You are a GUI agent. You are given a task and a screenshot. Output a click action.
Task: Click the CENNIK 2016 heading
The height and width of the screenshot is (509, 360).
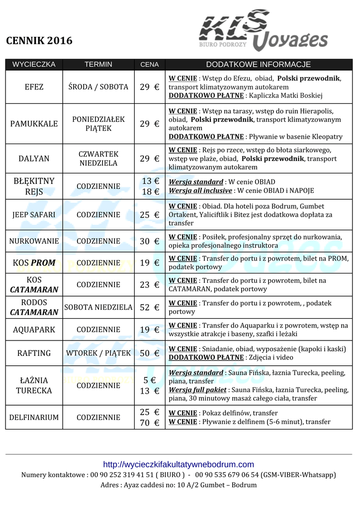click(x=39, y=41)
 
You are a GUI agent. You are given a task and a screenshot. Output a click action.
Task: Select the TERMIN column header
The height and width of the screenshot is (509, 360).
click(x=98, y=65)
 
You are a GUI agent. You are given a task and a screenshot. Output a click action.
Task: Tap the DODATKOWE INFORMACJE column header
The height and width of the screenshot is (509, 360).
click(x=258, y=65)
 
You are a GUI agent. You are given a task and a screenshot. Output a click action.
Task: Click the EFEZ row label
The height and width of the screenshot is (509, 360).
click(x=34, y=87)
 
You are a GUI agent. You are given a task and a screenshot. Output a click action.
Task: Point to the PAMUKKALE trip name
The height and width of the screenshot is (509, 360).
click(x=34, y=124)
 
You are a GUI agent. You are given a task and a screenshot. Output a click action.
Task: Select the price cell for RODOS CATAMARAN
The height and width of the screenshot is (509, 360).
click(x=149, y=308)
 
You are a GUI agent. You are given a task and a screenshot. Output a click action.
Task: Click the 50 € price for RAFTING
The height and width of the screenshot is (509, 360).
click(x=149, y=353)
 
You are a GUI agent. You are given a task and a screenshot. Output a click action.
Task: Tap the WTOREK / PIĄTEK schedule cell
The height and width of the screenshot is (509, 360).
click(x=98, y=353)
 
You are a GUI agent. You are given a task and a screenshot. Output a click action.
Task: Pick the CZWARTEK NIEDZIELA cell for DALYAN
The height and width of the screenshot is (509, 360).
click(x=98, y=159)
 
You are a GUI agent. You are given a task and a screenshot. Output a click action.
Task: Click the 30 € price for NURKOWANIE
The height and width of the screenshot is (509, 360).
click(x=149, y=242)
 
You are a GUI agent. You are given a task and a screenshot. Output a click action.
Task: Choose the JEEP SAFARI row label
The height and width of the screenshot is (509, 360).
click(x=34, y=215)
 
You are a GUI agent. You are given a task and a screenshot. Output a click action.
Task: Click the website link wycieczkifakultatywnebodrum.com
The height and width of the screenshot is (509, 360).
click(x=179, y=465)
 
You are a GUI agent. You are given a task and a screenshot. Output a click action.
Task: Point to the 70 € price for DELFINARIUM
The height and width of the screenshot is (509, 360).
click(x=149, y=423)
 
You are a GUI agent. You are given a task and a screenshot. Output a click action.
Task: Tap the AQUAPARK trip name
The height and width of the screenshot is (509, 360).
click(x=34, y=330)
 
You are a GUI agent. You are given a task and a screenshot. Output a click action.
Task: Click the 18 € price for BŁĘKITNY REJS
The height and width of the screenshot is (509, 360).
click(x=150, y=191)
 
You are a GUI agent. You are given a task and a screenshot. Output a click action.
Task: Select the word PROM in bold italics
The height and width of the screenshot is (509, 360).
click(x=43, y=263)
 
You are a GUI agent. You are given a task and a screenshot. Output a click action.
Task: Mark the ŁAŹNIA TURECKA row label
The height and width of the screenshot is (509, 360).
click(x=34, y=386)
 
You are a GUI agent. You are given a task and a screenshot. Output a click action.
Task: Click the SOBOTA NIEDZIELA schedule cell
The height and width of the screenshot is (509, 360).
click(x=98, y=308)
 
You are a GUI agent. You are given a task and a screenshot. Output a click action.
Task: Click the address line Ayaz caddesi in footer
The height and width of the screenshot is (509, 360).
click(x=179, y=485)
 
